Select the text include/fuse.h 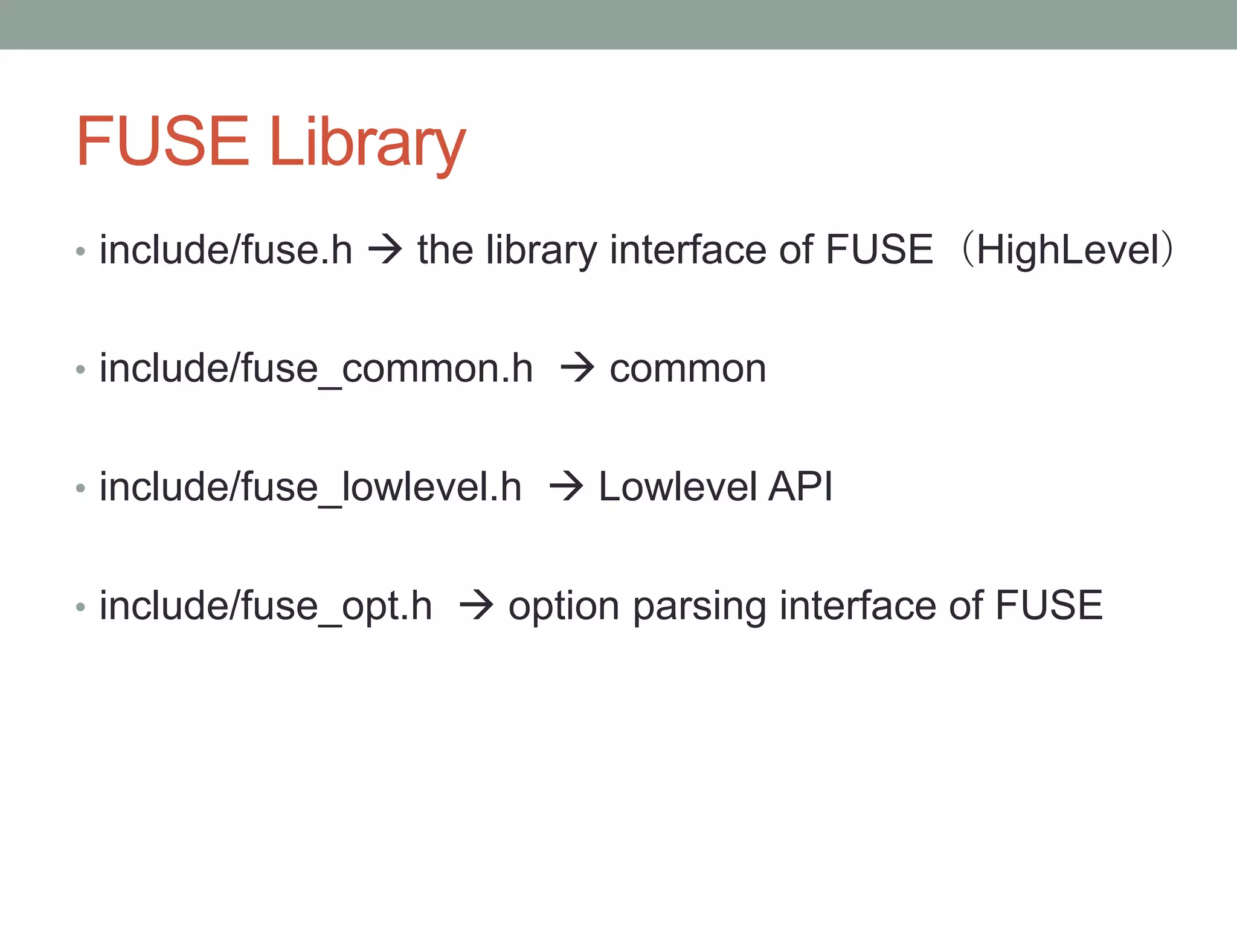point(226,250)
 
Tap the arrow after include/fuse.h point(385,250)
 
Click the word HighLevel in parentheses point(1067,250)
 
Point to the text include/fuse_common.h point(316,369)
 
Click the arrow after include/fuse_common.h point(577,369)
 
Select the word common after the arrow point(687,369)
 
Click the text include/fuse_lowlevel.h point(310,487)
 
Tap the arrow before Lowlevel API point(566,487)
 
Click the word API point(800,487)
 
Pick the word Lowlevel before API point(677,487)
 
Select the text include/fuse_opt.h point(266,605)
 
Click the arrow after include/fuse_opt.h point(477,605)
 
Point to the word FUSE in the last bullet point(1049,605)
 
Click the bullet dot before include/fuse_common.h point(80,369)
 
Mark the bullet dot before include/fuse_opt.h point(80,606)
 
